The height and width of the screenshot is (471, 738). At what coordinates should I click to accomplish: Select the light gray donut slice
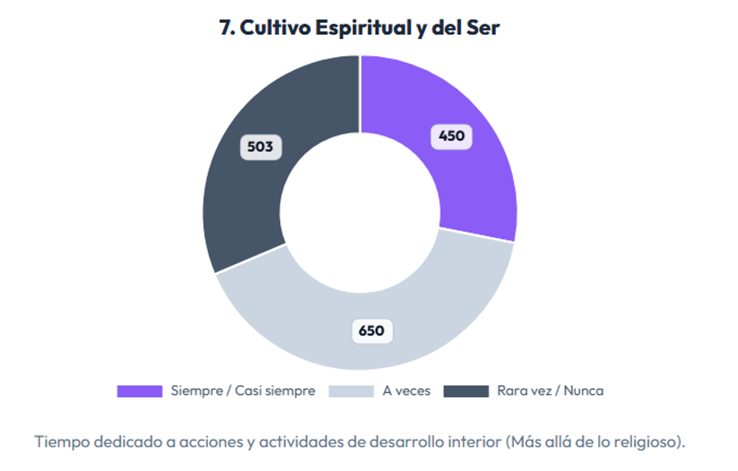coord(311,311)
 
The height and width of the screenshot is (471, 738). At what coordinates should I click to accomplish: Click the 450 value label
coord(452,136)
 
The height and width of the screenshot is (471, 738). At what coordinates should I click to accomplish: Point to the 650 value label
coord(372,330)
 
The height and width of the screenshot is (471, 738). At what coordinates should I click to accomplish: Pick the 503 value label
coord(261,147)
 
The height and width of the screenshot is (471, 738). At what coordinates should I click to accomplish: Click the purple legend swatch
coord(139,391)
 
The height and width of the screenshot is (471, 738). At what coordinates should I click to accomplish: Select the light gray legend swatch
coord(351,391)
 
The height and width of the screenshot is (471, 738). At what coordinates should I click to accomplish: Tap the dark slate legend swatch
coord(466,391)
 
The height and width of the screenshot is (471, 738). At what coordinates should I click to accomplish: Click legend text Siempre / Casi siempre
coord(243,391)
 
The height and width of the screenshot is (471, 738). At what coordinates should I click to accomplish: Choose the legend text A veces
coord(406,391)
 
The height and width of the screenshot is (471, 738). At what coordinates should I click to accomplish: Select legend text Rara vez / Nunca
coord(550,391)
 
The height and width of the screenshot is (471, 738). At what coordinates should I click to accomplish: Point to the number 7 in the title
coord(226,28)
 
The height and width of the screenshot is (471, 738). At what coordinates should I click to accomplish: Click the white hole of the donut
coord(360,212)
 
